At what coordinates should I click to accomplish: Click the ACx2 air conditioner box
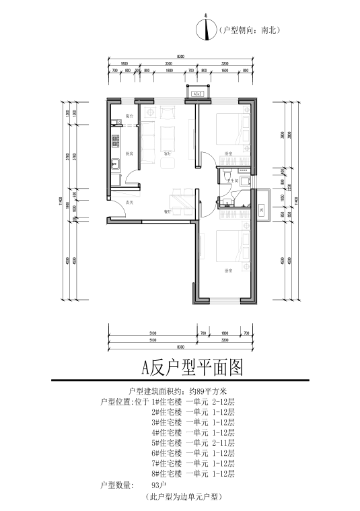(198, 94)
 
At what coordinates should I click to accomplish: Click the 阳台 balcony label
(129, 116)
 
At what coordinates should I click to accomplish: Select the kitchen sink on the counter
(115, 163)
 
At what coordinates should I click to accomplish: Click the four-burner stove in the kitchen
(115, 141)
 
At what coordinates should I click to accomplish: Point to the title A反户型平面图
(190, 368)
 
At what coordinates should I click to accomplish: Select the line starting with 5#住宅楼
(193, 443)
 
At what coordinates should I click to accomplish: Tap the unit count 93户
(159, 485)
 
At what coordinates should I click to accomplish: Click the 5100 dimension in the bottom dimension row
(153, 333)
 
